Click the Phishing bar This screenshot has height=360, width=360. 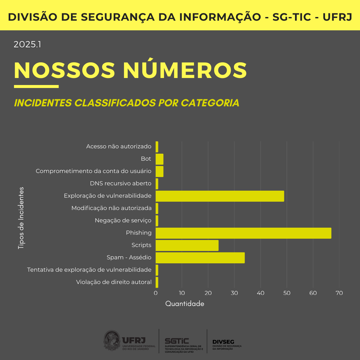click(243, 233)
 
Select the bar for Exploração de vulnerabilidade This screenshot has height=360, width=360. click(220, 196)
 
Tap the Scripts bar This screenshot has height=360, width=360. click(187, 245)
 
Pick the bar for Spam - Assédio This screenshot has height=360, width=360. click(200, 258)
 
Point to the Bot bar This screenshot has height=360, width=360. click(159, 159)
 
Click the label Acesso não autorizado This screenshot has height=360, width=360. click(119, 146)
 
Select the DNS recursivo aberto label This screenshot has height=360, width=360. click(121, 183)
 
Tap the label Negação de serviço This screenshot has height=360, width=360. click(123, 220)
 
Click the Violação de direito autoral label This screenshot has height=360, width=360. click(114, 282)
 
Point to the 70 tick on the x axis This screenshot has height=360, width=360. click(339, 293)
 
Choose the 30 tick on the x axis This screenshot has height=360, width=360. click(234, 293)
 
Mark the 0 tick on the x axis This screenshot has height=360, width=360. click(156, 293)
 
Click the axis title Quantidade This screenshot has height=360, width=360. click(185, 304)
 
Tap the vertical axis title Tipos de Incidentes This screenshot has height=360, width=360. click(21, 218)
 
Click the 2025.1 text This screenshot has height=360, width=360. click(27, 44)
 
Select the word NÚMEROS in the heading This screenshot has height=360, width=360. click(185, 70)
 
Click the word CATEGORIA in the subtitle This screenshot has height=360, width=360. click(210, 103)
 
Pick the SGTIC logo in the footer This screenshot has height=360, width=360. click(177, 341)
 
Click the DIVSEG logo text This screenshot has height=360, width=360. click(223, 342)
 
